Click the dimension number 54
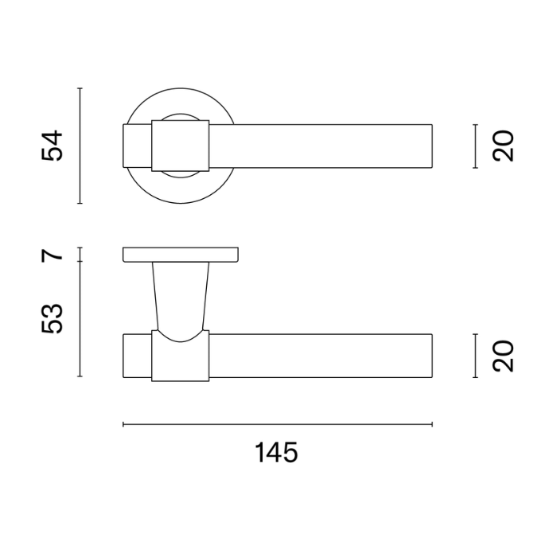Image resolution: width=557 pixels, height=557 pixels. click(53, 146)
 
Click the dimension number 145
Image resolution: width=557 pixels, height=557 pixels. click(276, 452)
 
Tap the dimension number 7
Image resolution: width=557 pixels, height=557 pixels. click(53, 255)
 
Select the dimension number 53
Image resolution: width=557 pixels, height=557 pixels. click(53, 318)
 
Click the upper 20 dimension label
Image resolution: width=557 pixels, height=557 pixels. click(503, 146)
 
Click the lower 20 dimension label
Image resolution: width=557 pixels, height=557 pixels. click(503, 356)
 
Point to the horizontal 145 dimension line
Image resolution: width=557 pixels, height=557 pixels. click(278, 424)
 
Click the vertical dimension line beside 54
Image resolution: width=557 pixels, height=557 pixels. click(80, 146)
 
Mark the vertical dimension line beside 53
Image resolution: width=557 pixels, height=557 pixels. click(80, 319)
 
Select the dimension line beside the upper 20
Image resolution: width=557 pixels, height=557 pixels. click(475, 146)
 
